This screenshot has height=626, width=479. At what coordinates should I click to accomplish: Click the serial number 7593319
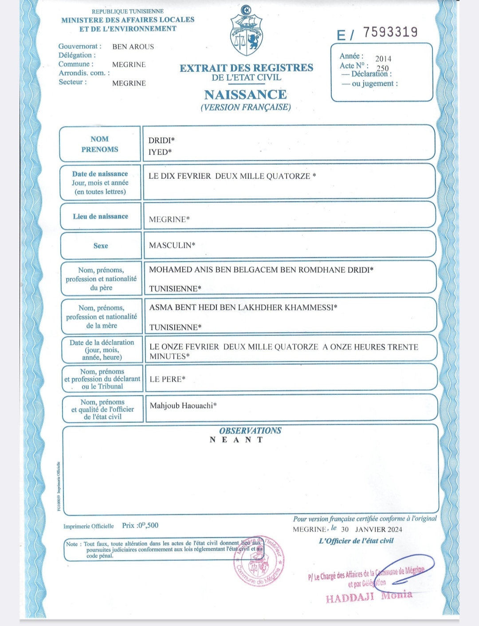390,32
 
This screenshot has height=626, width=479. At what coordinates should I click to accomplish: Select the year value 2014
383,59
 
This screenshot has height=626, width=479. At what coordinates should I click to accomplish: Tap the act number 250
382,68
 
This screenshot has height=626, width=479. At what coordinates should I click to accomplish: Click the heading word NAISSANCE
245,94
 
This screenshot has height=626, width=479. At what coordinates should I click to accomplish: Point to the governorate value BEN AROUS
133,47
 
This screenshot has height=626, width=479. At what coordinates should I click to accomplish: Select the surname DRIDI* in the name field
161,140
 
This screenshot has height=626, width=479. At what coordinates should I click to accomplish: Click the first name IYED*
160,152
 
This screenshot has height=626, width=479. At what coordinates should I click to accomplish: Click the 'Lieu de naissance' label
100,216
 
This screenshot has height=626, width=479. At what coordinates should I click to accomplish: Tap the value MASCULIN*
172,245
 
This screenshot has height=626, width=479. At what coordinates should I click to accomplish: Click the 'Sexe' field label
101,245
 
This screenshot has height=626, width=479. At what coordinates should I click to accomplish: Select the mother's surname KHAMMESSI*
311,307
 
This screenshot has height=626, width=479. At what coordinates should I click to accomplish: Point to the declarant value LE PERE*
168,379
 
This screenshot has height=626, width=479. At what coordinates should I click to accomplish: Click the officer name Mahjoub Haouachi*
183,406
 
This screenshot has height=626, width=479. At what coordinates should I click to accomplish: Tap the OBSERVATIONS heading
250,430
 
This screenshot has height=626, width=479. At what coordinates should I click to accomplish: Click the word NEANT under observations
236,440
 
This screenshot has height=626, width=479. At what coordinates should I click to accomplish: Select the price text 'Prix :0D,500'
140,525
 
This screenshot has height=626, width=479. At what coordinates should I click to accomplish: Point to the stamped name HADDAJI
350,598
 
